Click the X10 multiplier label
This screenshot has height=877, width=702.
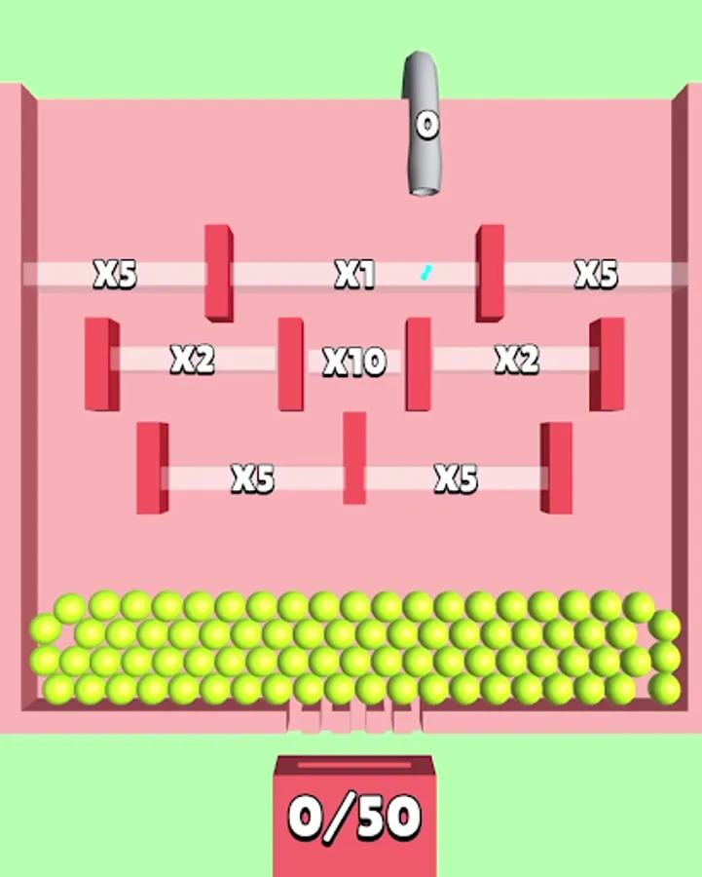(x=355, y=362)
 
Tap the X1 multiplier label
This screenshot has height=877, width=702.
(x=354, y=274)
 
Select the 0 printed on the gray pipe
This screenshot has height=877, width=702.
(x=427, y=125)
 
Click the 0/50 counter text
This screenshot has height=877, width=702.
(x=354, y=818)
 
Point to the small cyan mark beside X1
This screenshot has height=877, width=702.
(x=425, y=273)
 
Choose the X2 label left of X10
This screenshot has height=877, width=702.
(x=192, y=359)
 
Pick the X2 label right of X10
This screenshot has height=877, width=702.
(x=517, y=359)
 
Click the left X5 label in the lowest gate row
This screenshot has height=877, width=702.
(x=252, y=478)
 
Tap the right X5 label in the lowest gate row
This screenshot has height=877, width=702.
(x=456, y=478)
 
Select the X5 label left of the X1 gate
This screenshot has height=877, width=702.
(x=115, y=274)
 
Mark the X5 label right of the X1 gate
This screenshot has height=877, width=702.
(x=597, y=274)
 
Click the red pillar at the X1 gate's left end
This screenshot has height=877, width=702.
(x=218, y=273)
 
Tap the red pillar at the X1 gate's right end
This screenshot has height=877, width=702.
(x=490, y=273)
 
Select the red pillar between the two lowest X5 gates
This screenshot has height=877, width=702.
(x=354, y=458)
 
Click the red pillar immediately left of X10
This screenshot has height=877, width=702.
(x=291, y=364)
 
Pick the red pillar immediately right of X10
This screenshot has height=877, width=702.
(x=419, y=364)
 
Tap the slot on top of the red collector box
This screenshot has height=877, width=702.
(x=354, y=765)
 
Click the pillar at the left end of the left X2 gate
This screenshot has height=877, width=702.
(x=102, y=364)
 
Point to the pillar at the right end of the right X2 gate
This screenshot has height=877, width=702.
(x=607, y=364)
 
